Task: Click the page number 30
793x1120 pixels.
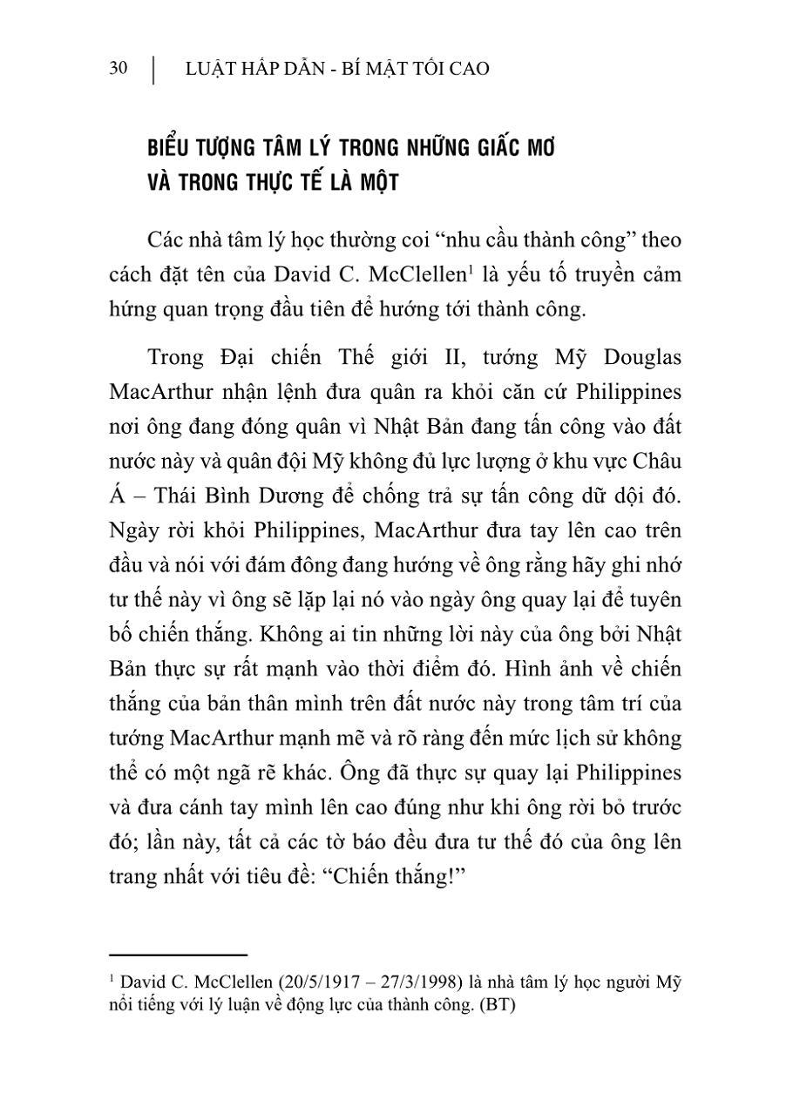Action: pos(119,69)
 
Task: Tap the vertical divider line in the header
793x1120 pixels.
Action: pos(154,70)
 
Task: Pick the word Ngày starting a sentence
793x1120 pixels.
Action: pos(134,530)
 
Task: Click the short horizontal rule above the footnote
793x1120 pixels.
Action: pos(178,955)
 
